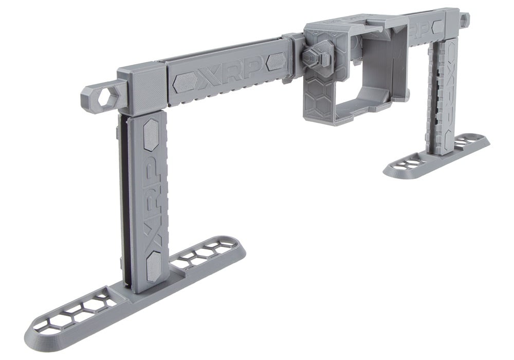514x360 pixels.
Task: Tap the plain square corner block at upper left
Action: (142, 87)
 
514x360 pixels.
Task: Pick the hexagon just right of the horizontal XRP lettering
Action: (277, 62)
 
